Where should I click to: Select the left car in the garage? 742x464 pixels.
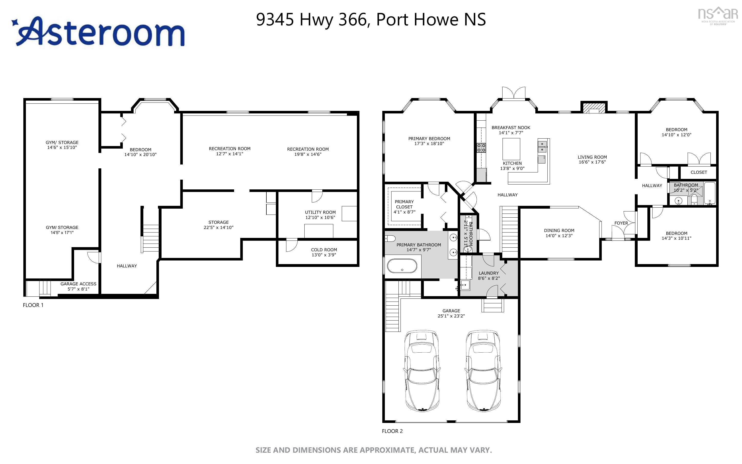pyautogui.click(x=422, y=371)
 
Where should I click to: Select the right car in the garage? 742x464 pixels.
pyautogui.click(x=484, y=371)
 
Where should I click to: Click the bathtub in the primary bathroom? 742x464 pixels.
pyautogui.click(x=402, y=266)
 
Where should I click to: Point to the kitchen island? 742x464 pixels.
pyautogui.click(x=511, y=149)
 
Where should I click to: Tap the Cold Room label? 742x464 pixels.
pyautogui.click(x=324, y=249)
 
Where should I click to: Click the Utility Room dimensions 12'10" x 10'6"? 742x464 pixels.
pyautogui.click(x=320, y=217)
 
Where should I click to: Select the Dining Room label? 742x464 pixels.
pyautogui.click(x=559, y=230)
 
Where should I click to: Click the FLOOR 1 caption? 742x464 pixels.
pyautogui.click(x=33, y=305)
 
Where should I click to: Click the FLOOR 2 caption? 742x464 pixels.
pyautogui.click(x=392, y=431)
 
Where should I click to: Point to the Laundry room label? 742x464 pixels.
pyautogui.click(x=488, y=273)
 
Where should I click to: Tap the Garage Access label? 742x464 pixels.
pyautogui.click(x=78, y=284)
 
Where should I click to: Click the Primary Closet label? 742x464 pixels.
pyautogui.click(x=404, y=204)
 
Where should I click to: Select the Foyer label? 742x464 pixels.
pyautogui.click(x=621, y=223)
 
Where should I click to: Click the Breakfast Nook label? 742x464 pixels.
pyautogui.click(x=510, y=127)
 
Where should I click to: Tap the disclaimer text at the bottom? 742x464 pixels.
pyautogui.click(x=374, y=450)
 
